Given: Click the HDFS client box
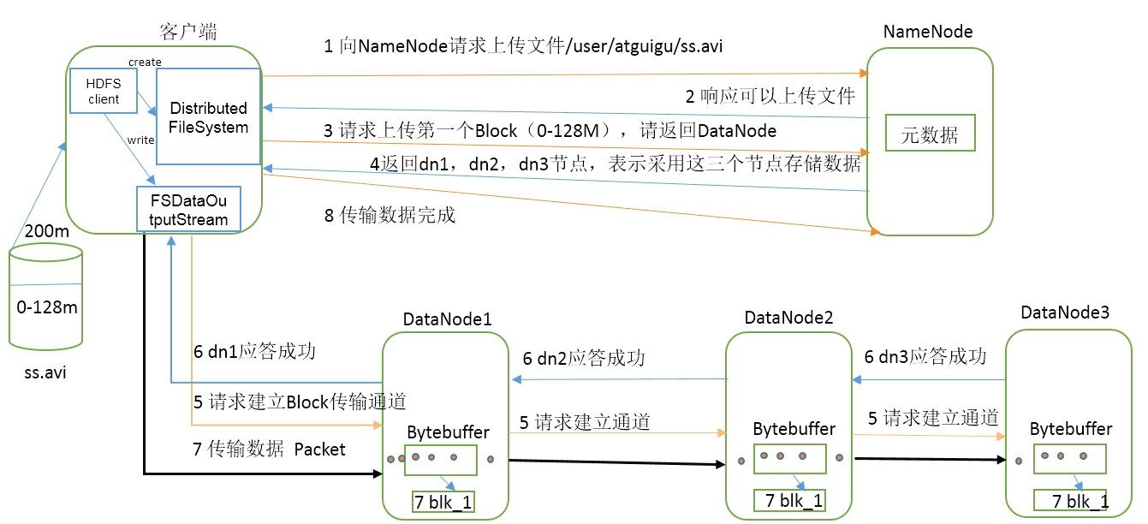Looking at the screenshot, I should click(x=104, y=91).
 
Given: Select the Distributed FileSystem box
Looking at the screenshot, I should click(x=208, y=117).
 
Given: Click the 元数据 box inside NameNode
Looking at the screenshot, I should click(x=929, y=134).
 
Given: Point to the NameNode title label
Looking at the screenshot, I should click(x=928, y=32).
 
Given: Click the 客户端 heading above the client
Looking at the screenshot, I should click(x=188, y=33).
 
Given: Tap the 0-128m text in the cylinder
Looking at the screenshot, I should click(x=46, y=307).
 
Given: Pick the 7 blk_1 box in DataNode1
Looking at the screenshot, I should click(x=443, y=503).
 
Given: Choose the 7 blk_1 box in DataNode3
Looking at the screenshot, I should click(x=1069, y=501).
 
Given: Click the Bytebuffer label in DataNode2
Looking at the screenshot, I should click(x=794, y=428).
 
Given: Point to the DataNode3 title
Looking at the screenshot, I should click(x=1065, y=313).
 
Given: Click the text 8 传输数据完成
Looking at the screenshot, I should click(x=390, y=216).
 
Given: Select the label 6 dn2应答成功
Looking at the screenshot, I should click(x=583, y=358).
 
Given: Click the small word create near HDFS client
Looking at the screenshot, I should click(x=145, y=62).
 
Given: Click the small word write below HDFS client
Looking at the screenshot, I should click(x=141, y=140).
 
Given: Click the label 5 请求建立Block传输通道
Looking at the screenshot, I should click(x=300, y=401).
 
